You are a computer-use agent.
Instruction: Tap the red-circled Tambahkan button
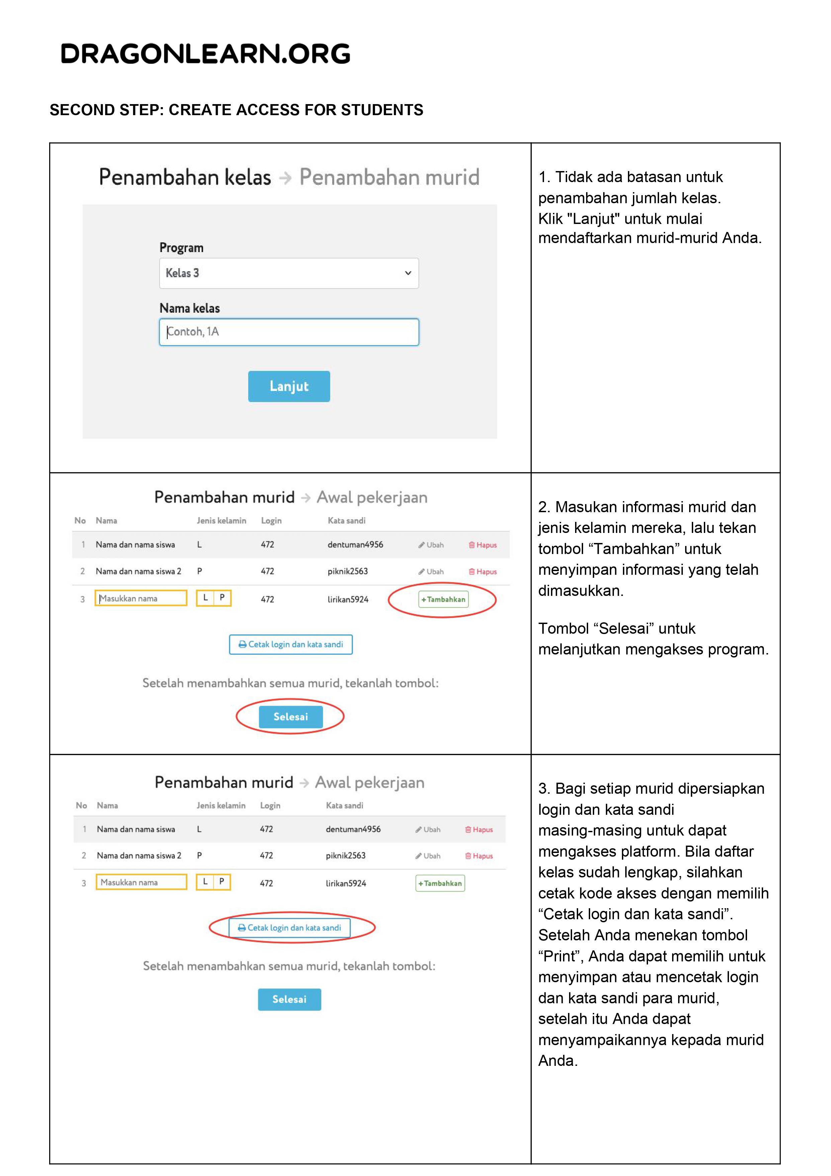(443, 599)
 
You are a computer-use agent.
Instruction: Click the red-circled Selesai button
(290, 717)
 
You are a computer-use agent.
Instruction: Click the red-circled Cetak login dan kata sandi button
(289, 928)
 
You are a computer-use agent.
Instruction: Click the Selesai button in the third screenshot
(289, 999)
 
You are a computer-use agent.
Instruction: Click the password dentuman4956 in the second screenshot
(355, 544)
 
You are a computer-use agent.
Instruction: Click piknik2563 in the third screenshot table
(346, 855)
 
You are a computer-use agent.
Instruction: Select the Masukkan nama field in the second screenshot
(141, 598)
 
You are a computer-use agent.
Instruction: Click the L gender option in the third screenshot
(205, 881)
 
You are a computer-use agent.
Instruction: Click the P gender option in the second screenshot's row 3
(222, 598)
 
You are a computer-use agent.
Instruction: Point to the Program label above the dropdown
(181, 248)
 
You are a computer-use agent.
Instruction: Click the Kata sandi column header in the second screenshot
(347, 521)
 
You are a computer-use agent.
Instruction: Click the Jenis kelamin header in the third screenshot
(221, 805)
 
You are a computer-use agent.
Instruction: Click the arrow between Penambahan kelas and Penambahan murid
(285, 178)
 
